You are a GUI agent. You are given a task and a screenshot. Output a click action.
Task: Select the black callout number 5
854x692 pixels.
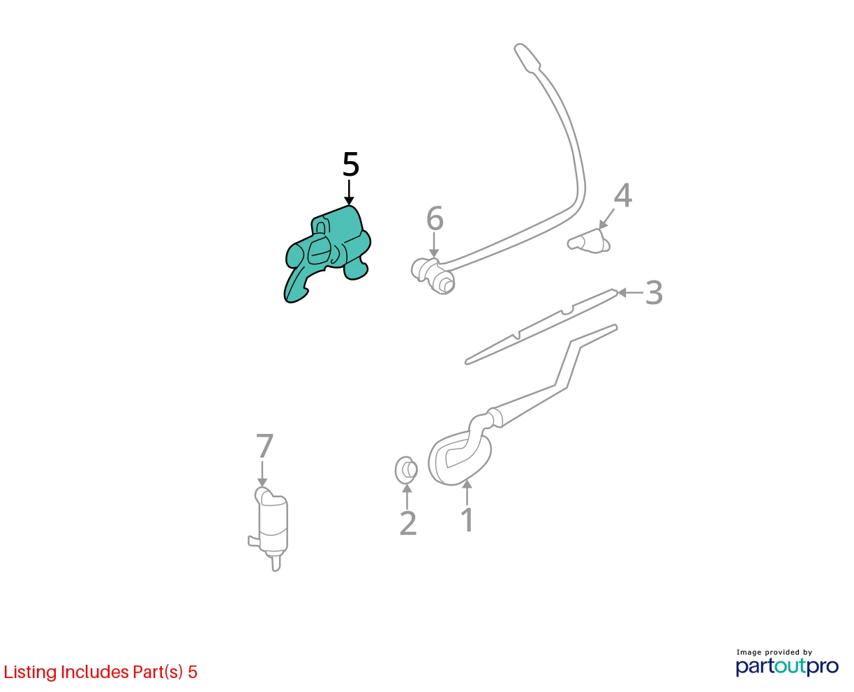pyautogui.click(x=350, y=165)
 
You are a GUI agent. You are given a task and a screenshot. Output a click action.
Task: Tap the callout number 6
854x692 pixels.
pyautogui.click(x=435, y=218)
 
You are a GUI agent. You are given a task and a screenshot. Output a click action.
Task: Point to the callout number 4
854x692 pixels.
pyautogui.click(x=623, y=195)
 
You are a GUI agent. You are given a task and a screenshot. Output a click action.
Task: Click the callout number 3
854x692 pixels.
pyautogui.click(x=654, y=293)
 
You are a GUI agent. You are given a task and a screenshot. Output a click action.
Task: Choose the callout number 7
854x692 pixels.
pyautogui.click(x=264, y=446)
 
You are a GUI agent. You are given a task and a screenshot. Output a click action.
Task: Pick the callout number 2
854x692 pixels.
pyautogui.click(x=408, y=522)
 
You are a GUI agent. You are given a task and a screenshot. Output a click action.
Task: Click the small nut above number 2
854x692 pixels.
pyautogui.click(x=406, y=469)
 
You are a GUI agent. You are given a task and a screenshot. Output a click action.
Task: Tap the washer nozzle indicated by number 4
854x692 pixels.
pyautogui.click(x=589, y=242)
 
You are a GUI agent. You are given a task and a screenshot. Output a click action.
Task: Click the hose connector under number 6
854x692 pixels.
pyautogui.click(x=433, y=276)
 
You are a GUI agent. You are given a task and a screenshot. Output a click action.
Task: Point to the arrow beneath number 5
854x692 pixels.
pyautogui.click(x=350, y=193)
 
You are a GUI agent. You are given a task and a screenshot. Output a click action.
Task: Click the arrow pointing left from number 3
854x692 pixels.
pyautogui.click(x=630, y=293)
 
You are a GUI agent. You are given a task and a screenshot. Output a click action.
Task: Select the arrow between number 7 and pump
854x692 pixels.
pyautogui.click(x=262, y=474)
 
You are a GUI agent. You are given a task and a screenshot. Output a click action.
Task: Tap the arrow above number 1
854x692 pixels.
pyautogui.click(x=467, y=492)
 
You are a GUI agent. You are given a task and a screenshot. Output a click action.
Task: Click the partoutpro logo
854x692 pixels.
pyautogui.click(x=787, y=666)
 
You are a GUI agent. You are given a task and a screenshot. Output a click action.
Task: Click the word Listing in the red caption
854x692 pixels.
pyautogui.click(x=30, y=672)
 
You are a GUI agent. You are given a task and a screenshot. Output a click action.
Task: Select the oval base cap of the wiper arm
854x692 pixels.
pyautogui.click(x=460, y=458)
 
